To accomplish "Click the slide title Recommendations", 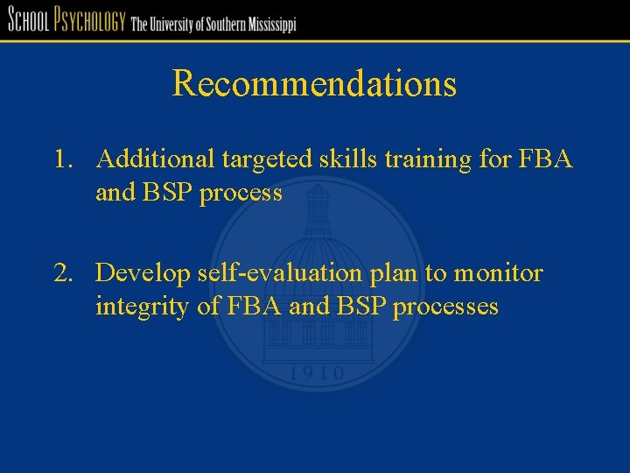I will point(314,84).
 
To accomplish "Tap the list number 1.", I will point(60,159).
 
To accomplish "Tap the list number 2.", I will point(61,274).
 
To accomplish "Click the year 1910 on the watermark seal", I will point(316,374).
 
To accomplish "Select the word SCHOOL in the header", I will point(27,20).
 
